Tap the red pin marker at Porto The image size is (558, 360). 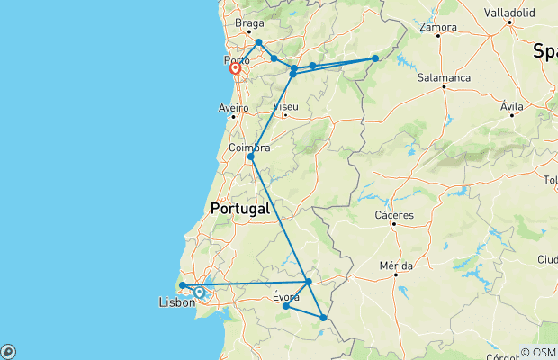pyautogui.click(x=235, y=68)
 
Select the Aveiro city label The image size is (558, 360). pyautogui.click(x=232, y=107)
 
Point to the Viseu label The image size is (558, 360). pyautogui.click(x=284, y=106)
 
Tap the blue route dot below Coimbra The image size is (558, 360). pyautogui.click(x=251, y=157)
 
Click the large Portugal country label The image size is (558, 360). pyautogui.click(x=239, y=209)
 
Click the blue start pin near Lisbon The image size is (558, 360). pyautogui.click(x=199, y=292)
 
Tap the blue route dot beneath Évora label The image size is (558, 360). pyautogui.click(x=286, y=307)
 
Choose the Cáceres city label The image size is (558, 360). pyautogui.click(x=395, y=215)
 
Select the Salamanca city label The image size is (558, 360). pyautogui.click(x=444, y=78)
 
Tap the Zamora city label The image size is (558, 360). pyautogui.click(x=438, y=27)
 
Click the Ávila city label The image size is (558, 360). pyautogui.click(x=512, y=106)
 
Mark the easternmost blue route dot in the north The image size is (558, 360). pyautogui.click(x=375, y=59)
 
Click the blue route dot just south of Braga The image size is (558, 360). pyautogui.click(x=258, y=42)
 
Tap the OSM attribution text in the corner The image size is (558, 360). pyautogui.click(x=544, y=352)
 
